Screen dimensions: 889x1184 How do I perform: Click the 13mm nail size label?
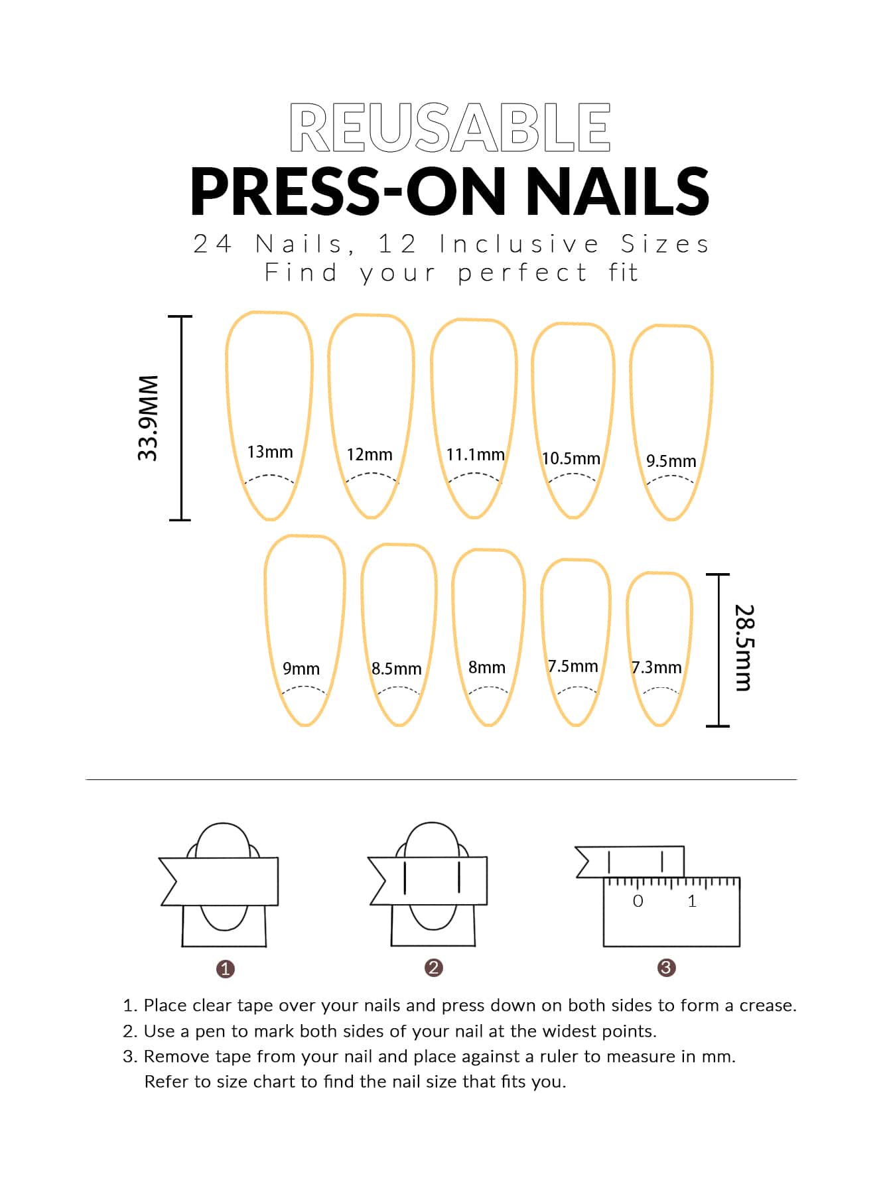pyautogui.click(x=270, y=452)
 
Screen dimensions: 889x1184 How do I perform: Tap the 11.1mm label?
pyautogui.click(x=475, y=454)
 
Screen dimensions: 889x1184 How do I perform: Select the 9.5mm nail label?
pyautogui.click(x=671, y=461)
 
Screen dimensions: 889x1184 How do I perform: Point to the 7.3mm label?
pyautogui.click(x=656, y=667)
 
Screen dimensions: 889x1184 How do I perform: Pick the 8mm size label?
pyautogui.click(x=487, y=667)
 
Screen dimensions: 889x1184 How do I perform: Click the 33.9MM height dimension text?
pyautogui.click(x=149, y=418)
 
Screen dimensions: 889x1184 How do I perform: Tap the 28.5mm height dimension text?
pyautogui.click(x=744, y=647)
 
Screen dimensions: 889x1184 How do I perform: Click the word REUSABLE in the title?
pyautogui.click(x=450, y=127)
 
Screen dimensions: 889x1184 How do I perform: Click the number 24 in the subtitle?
pyautogui.click(x=212, y=244)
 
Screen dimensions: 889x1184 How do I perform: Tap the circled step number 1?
pyautogui.click(x=226, y=968)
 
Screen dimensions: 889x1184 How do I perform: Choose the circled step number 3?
pyautogui.click(x=666, y=967)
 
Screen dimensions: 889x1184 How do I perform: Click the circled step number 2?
pyautogui.click(x=433, y=967)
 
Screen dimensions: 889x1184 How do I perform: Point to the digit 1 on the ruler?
pyautogui.click(x=692, y=901)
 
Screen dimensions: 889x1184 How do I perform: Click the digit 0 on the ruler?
pyautogui.click(x=638, y=901)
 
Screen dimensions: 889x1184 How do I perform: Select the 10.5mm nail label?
pyautogui.click(x=571, y=458)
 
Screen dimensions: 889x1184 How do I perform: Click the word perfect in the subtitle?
pyautogui.click(x=523, y=273)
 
